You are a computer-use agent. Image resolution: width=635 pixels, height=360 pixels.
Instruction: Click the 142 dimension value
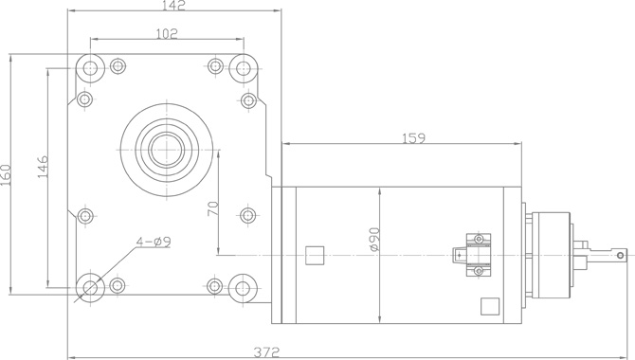pyautogui.click(x=173, y=5)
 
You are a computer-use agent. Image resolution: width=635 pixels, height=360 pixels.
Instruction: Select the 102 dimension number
pyautogui.click(x=167, y=33)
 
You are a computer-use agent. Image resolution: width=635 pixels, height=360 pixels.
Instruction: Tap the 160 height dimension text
pyautogui.click(x=6, y=175)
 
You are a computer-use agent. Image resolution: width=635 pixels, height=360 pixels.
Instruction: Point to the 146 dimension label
pyautogui.click(x=43, y=167)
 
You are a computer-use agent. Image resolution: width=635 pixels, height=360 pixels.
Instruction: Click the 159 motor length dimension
pyautogui.click(x=413, y=138)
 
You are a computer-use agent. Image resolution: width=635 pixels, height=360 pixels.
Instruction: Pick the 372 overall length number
pyautogui.click(x=266, y=351)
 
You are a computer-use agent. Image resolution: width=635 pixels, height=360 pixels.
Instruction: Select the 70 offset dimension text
pyautogui.click(x=213, y=208)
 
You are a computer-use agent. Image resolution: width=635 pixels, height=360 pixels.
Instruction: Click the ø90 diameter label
pyautogui.click(x=374, y=240)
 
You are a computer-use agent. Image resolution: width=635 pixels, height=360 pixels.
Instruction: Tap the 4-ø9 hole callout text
pyautogui.click(x=154, y=242)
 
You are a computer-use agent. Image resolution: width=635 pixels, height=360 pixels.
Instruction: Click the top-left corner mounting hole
pyautogui.click(x=90, y=67)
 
